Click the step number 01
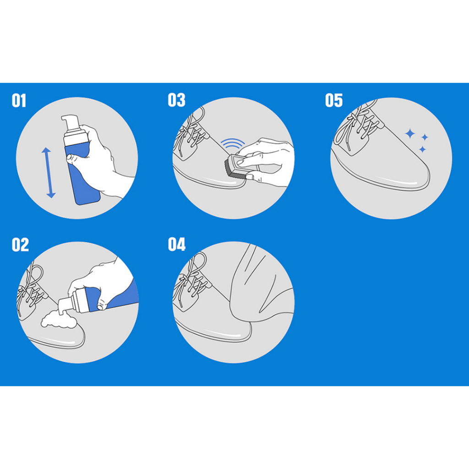(19, 100)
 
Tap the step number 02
(20, 245)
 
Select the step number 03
(176, 100)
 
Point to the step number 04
(176, 245)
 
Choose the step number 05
(334, 100)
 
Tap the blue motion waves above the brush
(232, 143)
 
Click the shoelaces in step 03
(190, 131)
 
